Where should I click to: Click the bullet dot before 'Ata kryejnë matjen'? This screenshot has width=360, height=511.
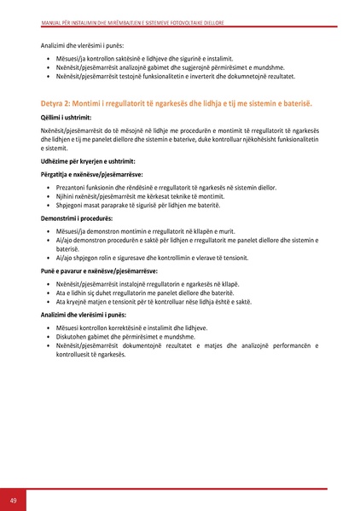click(x=48, y=301)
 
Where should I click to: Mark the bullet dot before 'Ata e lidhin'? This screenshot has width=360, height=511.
click(x=48, y=293)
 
